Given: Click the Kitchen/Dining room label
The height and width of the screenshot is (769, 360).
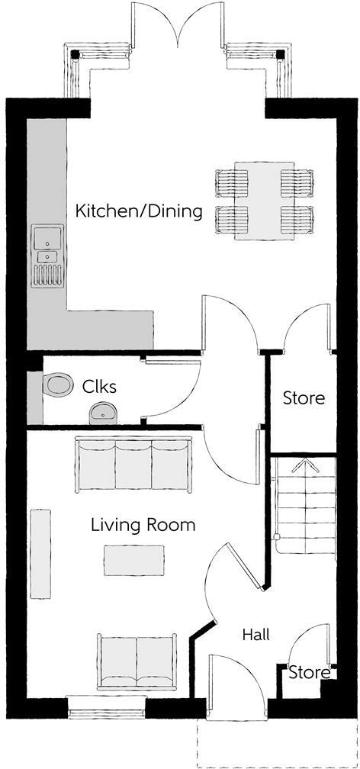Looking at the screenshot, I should (139, 211).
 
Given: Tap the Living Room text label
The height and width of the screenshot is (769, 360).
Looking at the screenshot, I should (143, 525).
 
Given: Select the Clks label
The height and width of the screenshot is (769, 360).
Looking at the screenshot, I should (100, 387).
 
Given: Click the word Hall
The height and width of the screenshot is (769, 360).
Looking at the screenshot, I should (256, 634).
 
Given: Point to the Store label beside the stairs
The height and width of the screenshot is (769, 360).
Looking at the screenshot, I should (304, 397).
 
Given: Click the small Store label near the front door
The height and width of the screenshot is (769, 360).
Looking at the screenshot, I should (309, 673).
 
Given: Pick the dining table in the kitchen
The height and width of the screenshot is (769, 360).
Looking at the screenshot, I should (265, 201).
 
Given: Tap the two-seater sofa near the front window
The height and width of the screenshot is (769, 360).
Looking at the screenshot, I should (137, 658).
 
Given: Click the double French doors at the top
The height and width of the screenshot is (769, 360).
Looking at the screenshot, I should (179, 23).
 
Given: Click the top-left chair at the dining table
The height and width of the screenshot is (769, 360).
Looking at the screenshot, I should (233, 183).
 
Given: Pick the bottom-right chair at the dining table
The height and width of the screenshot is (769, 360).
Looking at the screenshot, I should (297, 220).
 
